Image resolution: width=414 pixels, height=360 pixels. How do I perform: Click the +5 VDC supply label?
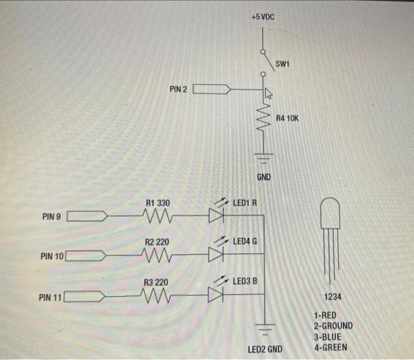coord(262,18)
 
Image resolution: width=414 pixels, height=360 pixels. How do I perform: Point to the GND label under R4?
coord(264,177)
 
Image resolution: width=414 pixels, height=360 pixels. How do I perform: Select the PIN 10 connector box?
coord(86,256)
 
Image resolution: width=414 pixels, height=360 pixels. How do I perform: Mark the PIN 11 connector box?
coord(85,295)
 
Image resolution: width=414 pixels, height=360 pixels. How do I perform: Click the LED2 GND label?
coord(265,349)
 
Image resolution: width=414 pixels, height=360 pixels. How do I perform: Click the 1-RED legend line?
coord(327,315)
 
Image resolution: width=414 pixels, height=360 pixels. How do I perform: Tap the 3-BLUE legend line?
coord(329,337)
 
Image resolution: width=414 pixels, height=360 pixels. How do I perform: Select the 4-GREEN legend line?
coord(331,348)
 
